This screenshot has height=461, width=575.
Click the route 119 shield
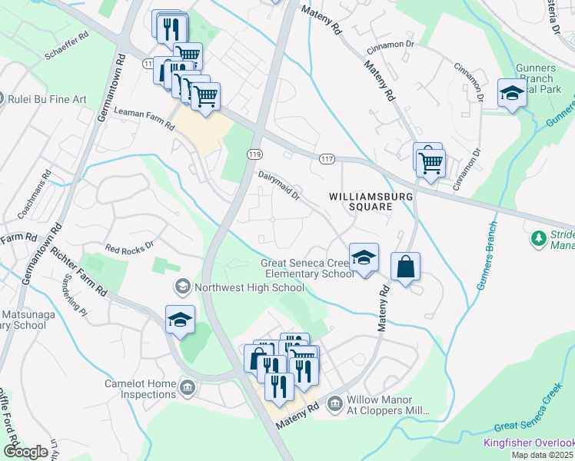pyautogui.click(x=254, y=154)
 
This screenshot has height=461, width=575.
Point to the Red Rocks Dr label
pyautogui.click(x=130, y=250)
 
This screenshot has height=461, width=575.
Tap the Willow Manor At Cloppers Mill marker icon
pyautogui.click(x=334, y=403)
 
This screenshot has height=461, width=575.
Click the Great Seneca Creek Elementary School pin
pyautogui.click(x=364, y=257)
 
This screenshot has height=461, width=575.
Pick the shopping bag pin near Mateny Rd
pyautogui.click(x=405, y=267)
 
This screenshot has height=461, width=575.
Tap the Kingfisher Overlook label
pyautogui.click(x=528, y=443)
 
